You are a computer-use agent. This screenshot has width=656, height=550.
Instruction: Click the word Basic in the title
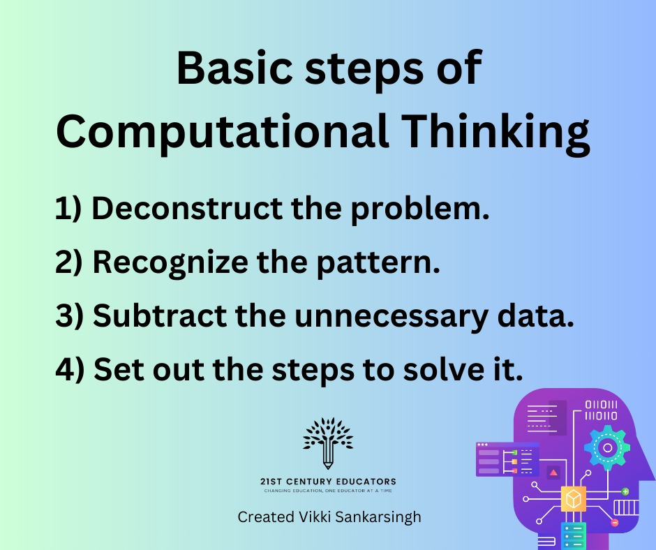click(234, 68)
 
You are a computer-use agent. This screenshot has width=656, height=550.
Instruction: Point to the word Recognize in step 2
click(170, 263)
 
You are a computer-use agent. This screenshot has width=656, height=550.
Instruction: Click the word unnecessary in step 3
click(391, 317)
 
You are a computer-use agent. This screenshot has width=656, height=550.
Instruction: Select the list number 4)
click(70, 369)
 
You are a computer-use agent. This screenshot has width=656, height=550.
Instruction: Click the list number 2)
click(69, 262)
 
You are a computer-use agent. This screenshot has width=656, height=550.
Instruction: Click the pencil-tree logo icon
click(328, 443)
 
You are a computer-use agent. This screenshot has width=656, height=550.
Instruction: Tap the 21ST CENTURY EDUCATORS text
click(328, 482)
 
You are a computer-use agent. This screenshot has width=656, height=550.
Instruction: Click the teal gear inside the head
click(607, 448)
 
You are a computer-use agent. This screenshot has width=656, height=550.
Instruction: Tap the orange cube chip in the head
click(573, 498)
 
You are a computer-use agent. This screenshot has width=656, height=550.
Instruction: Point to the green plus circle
click(625, 491)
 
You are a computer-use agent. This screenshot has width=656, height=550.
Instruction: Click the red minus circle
click(615, 522)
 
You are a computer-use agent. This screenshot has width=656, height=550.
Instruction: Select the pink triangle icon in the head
click(553, 473)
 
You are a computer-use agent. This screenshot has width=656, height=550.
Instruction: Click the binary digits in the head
click(601, 410)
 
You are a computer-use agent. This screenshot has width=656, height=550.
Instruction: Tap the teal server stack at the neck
click(574, 536)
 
